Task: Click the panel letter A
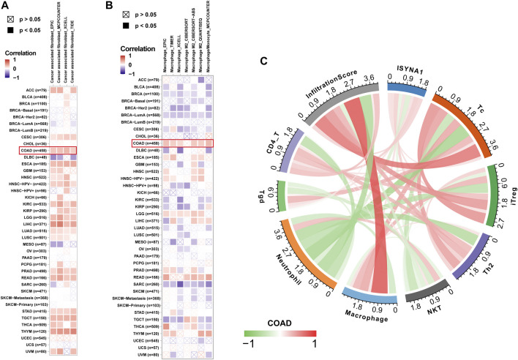(x=7, y=6)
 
